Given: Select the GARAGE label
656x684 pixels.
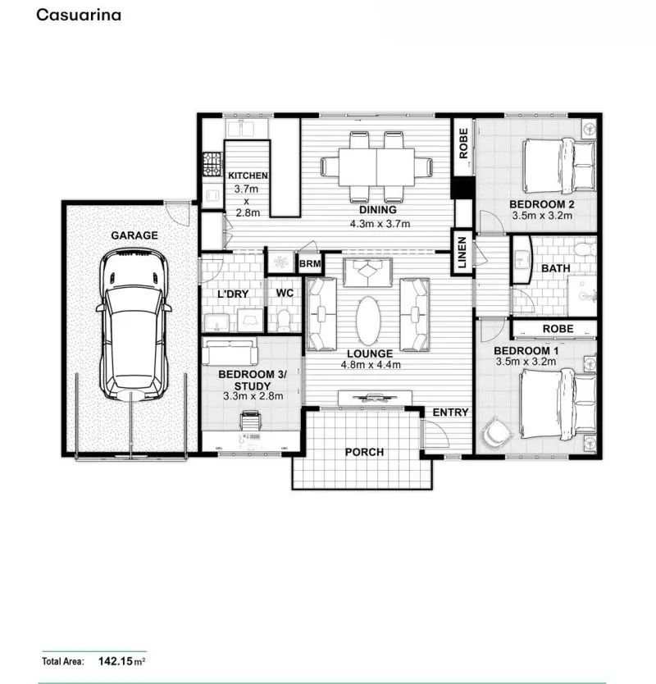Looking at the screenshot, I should (134, 235).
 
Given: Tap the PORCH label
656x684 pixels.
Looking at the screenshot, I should (364, 452).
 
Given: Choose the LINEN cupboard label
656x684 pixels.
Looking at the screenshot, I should (462, 253).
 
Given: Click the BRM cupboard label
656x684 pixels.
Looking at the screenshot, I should (310, 264).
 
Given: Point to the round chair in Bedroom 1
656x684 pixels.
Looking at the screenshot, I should (496, 433).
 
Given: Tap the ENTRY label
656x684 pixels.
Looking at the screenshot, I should (450, 412).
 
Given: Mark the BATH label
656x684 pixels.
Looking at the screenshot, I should (555, 267).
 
